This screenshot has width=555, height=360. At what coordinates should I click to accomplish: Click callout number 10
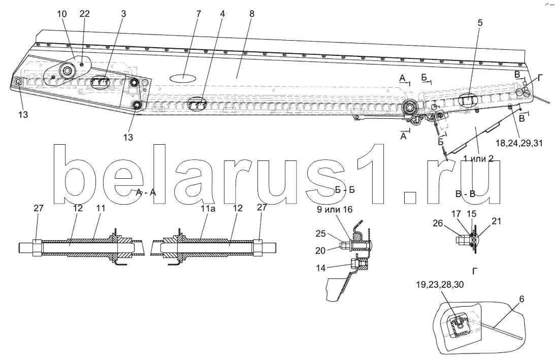coord(61,14)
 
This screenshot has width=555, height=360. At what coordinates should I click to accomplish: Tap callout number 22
coord(85,14)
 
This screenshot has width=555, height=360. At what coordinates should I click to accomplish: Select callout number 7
coord(199,14)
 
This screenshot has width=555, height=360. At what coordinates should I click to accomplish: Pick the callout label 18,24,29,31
coord(519,143)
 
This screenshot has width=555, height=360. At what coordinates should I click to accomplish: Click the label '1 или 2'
coord(478,158)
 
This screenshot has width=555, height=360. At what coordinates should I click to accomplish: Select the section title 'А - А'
coord(147,192)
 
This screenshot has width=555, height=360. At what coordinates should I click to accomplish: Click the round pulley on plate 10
coord(66,71)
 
